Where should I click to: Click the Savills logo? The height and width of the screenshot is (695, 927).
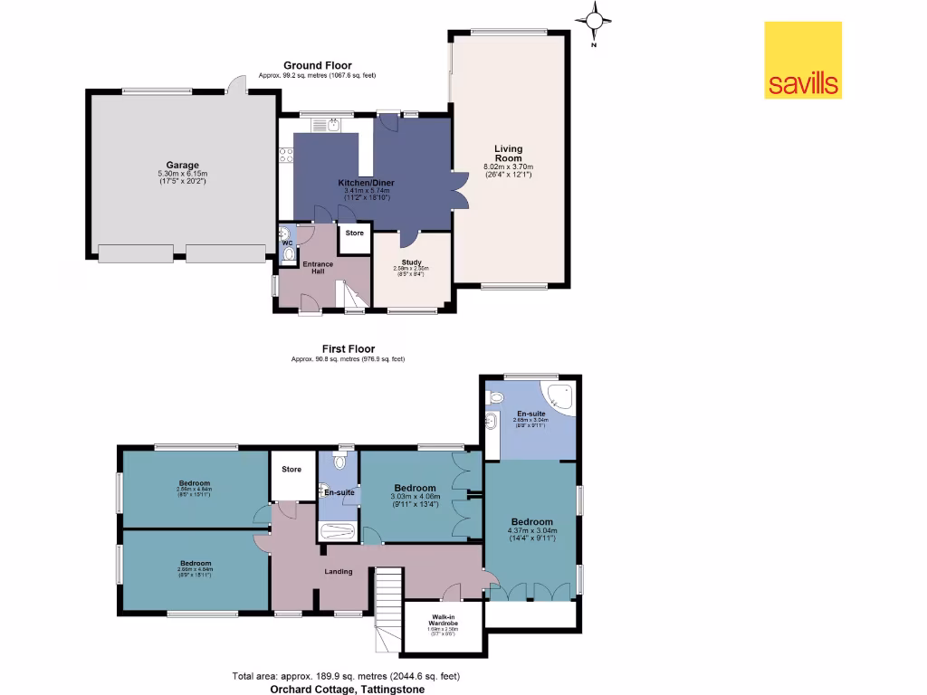pyautogui.click(x=803, y=60)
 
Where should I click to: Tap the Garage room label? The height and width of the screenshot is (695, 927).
pyautogui.click(x=182, y=165)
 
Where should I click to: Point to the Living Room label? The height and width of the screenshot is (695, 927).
pyautogui.click(x=508, y=153)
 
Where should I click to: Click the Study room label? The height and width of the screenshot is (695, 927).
pyautogui.click(x=413, y=262)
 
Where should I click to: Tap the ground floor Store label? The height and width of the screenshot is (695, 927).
pyautogui.click(x=354, y=233)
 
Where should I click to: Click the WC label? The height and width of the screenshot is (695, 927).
pyautogui.click(x=287, y=243)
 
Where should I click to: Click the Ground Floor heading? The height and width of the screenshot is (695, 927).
pyautogui.click(x=317, y=65)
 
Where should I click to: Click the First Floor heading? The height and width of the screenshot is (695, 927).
pyautogui.click(x=348, y=348)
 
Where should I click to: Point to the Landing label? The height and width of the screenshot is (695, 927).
pyautogui.click(x=339, y=571)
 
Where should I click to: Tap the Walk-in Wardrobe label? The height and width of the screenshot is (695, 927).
pyautogui.click(x=444, y=621)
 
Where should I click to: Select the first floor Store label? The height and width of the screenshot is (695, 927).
pyautogui.click(x=291, y=469)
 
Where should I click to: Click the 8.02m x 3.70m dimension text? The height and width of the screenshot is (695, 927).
pyautogui.click(x=508, y=167)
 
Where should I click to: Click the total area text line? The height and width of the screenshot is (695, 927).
pyautogui.click(x=348, y=676)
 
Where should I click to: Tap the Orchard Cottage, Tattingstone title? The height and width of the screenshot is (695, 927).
pyautogui.click(x=347, y=689)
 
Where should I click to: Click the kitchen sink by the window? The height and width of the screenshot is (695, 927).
pyautogui.click(x=333, y=125)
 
